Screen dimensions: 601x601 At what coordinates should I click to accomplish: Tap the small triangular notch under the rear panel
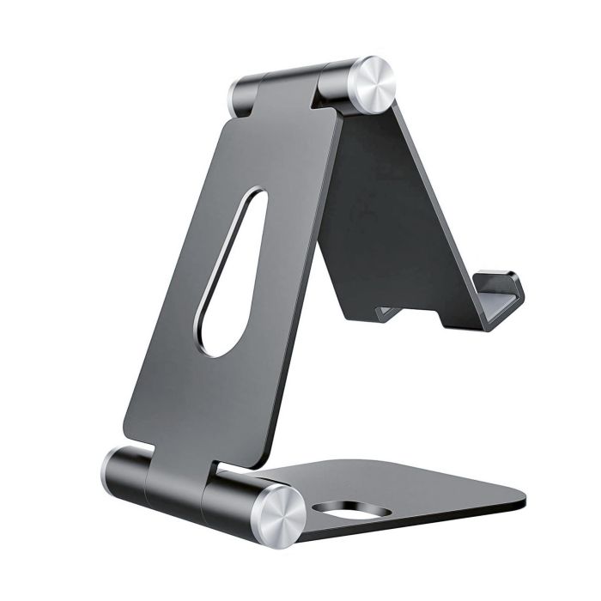tap(385, 313)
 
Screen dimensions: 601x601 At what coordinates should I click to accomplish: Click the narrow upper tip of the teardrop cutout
tap(253, 199)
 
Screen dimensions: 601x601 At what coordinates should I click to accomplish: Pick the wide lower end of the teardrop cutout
tap(217, 335)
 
